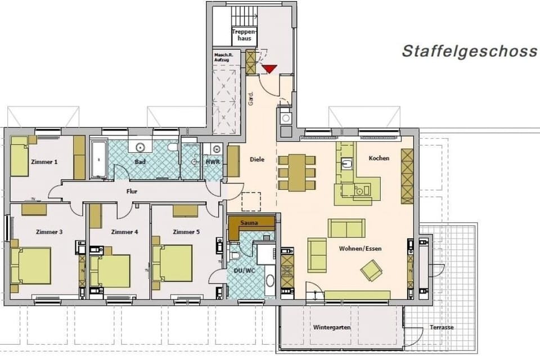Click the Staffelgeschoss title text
tap(469, 51)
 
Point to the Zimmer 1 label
tap(44, 162)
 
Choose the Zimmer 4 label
tap(124, 232)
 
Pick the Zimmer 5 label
tap(186, 232)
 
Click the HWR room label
tap(213, 162)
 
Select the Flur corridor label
tap(132, 191)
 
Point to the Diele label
tap(256, 160)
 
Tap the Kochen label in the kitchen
tap(379, 159)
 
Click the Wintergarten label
tap(332, 327)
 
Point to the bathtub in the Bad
tap(99, 160)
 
